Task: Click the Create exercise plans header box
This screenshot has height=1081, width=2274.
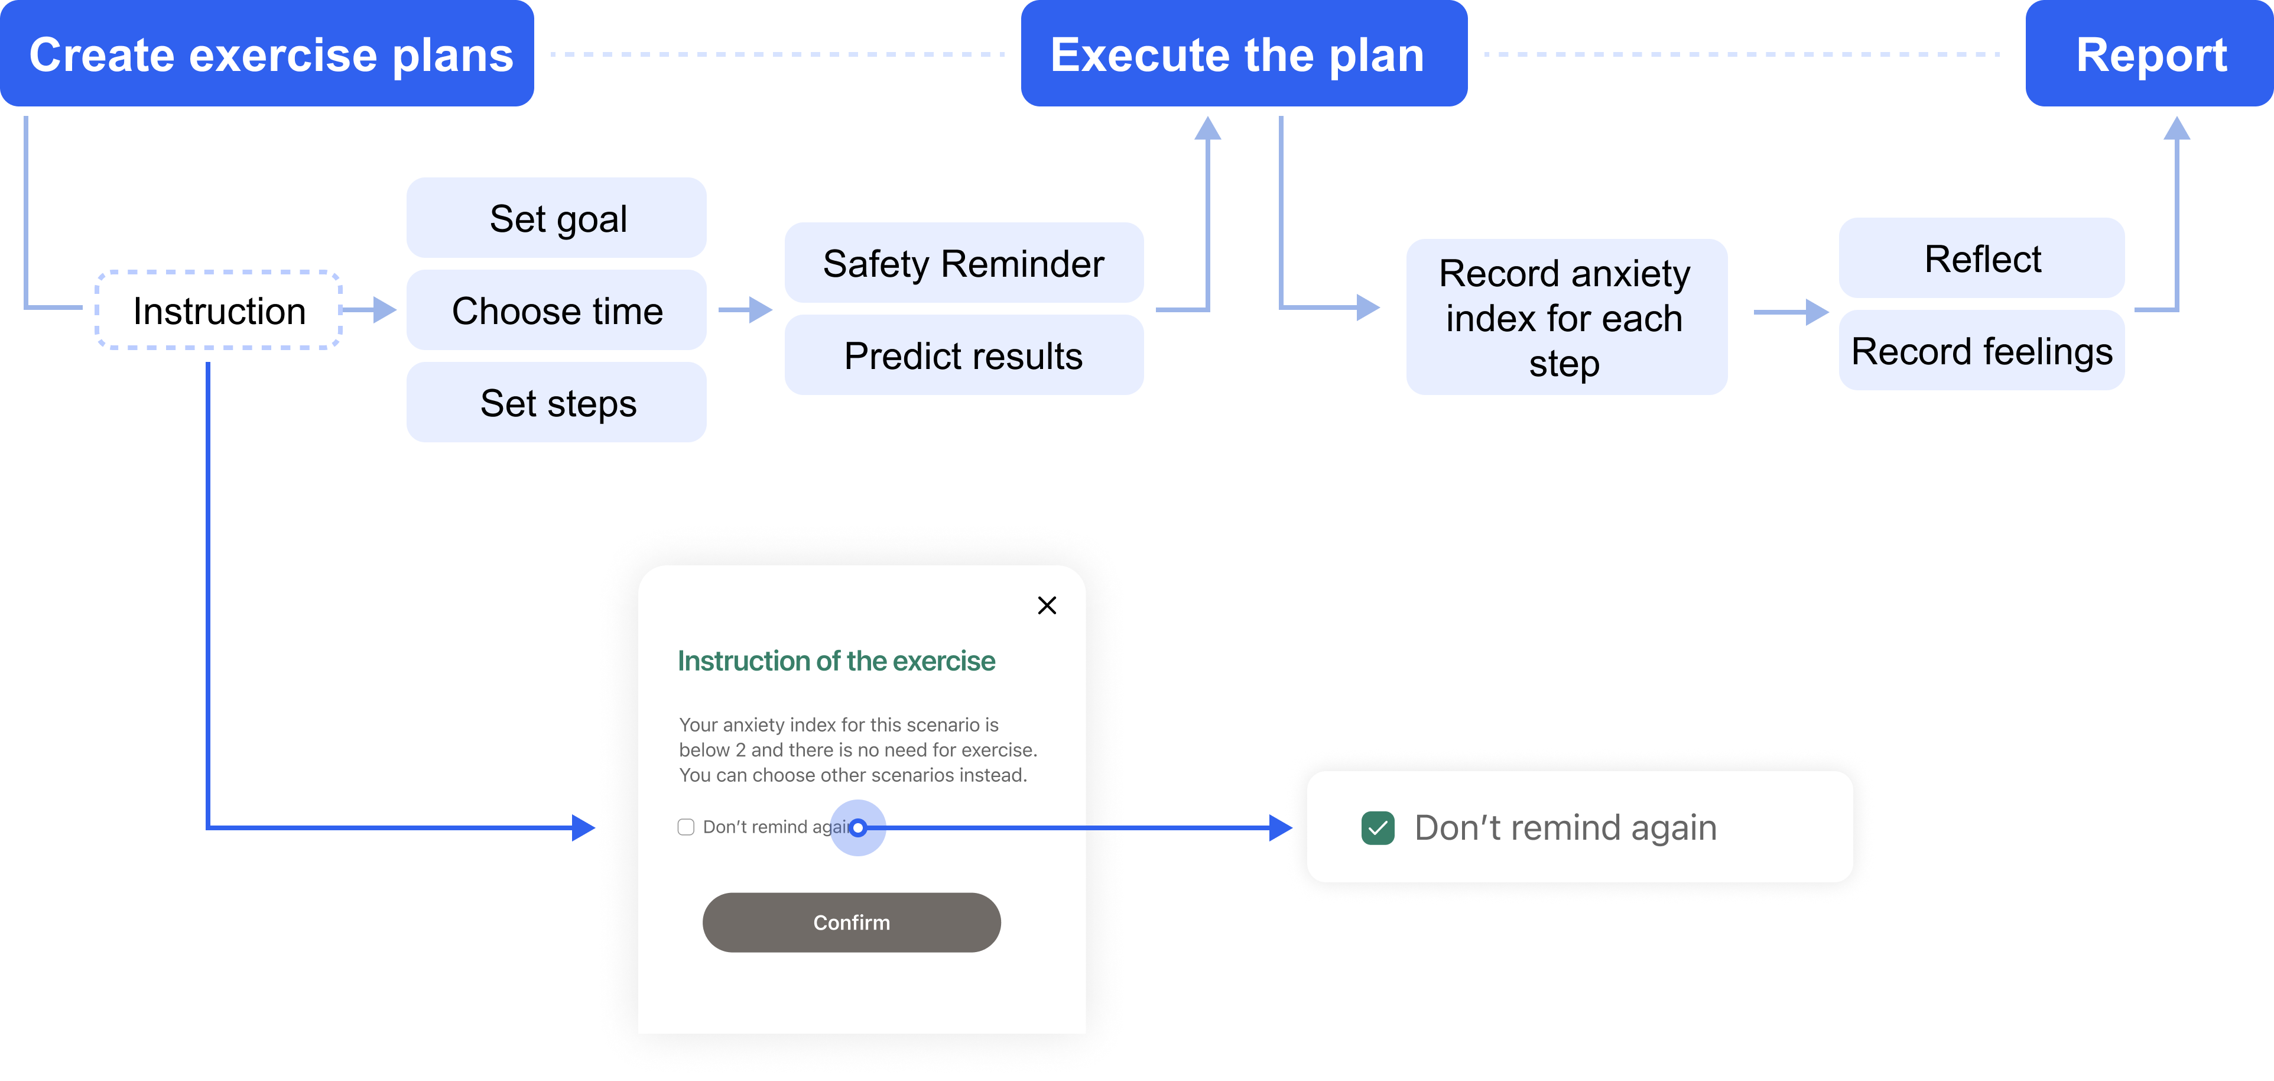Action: (267, 53)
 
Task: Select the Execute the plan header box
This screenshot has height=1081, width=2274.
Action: (1244, 53)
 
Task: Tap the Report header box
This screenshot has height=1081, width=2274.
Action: (2149, 53)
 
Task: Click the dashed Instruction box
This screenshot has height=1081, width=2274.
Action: (219, 310)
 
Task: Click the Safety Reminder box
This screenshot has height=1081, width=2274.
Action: (964, 263)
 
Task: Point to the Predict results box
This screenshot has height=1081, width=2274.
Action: (964, 355)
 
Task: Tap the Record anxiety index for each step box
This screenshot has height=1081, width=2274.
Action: (1566, 317)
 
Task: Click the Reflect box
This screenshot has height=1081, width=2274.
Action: (1982, 258)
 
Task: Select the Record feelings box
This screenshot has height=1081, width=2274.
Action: (1982, 349)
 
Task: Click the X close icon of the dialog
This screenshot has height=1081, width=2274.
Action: (1047, 605)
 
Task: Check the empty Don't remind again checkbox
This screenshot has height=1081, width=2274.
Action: (686, 827)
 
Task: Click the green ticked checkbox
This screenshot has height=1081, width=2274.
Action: (1378, 827)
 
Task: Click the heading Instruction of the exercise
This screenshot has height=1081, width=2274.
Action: (836, 661)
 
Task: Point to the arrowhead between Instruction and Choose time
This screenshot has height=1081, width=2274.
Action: (385, 310)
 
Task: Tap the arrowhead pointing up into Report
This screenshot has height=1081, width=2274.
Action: (2177, 128)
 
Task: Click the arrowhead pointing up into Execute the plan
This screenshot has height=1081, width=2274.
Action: (1208, 128)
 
